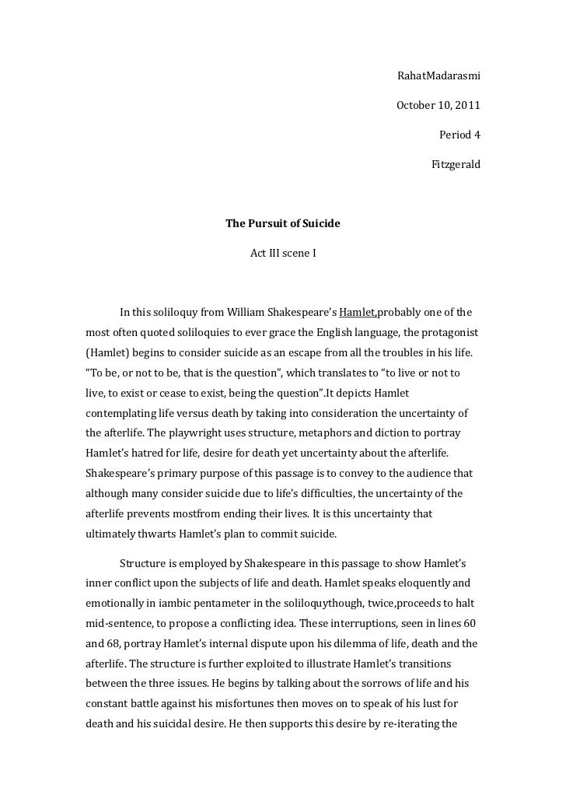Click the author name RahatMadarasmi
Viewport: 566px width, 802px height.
[x=438, y=76]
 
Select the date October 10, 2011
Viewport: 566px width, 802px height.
[x=438, y=105]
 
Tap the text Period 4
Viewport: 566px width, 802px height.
[x=459, y=135]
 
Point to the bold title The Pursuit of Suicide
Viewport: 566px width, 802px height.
[x=283, y=224]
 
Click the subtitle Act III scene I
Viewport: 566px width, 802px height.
[x=283, y=254]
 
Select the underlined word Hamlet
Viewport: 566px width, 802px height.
[x=358, y=313]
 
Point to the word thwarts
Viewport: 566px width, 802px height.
[x=159, y=534]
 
